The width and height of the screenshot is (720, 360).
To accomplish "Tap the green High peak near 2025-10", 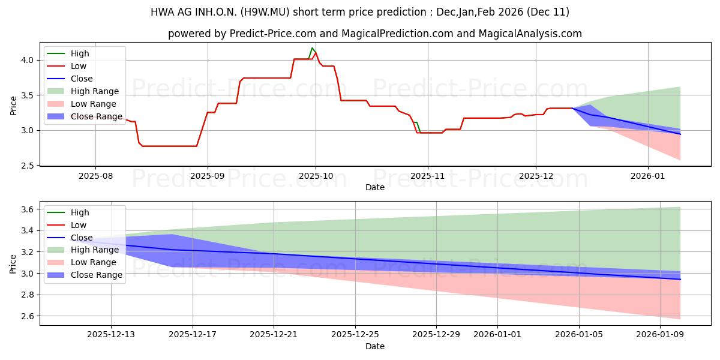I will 312,48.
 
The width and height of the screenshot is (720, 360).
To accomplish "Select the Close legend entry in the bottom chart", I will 82,238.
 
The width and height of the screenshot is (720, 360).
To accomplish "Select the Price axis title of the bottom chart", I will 13,263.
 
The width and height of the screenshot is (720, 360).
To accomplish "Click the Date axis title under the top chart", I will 375,188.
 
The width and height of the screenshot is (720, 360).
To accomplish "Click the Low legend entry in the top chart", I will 79,66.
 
